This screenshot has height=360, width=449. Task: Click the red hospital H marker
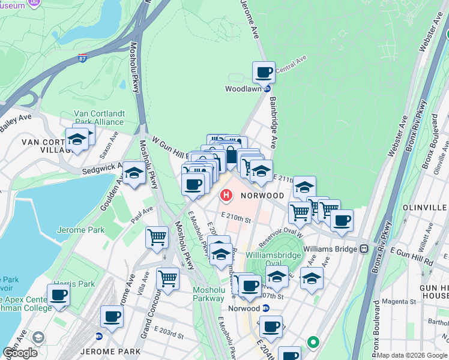coord(227,195)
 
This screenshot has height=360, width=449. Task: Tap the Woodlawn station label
coord(243,89)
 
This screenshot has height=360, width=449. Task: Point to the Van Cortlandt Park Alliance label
coord(98,117)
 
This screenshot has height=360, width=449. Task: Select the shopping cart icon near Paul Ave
coord(157,236)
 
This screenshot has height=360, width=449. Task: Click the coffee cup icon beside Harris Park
coord(59,295)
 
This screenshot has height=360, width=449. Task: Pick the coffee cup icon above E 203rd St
coord(112,316)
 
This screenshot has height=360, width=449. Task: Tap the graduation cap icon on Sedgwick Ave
coord(134,173)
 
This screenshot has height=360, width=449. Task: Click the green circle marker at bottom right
coord(313,343)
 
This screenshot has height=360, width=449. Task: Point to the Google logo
coord(20,353)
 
